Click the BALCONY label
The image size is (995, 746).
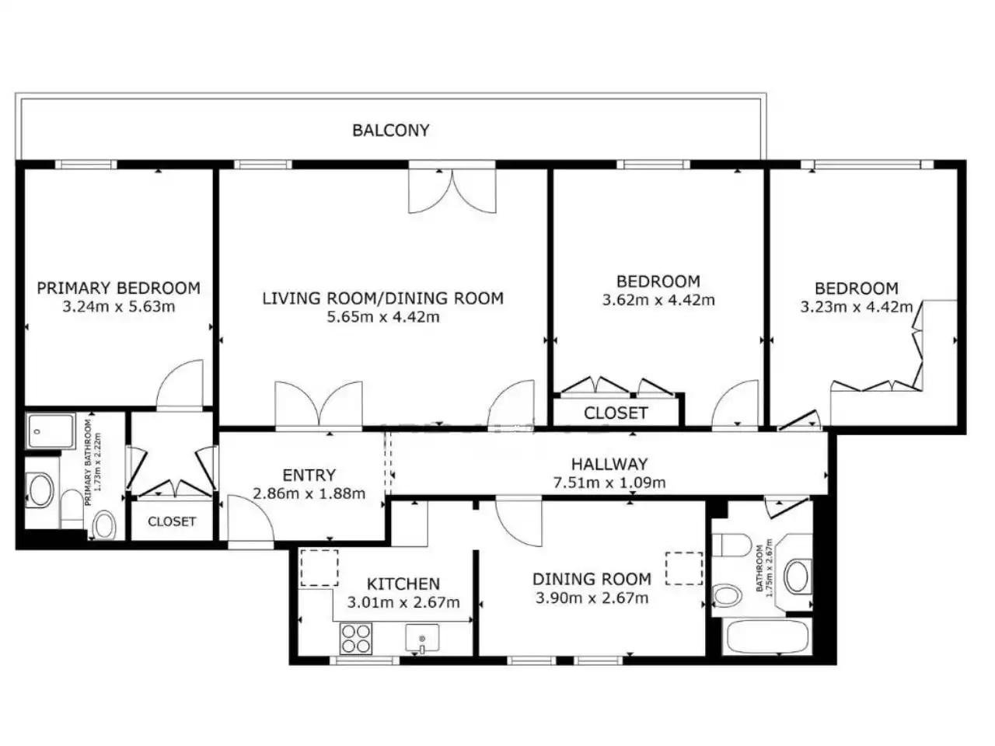click(390, 131)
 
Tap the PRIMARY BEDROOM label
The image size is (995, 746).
click(118, 288)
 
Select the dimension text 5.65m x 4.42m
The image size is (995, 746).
click(383, 316)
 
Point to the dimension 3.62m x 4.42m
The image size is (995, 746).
click(658, 300)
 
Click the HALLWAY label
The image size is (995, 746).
click(609, 464)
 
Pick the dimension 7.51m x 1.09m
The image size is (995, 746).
click(609, 483)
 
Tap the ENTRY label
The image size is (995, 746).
click(309, 475)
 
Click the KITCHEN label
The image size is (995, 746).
click(403, 584)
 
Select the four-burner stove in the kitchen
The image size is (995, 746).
click(356, 639)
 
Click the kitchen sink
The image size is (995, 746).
click(422, 639)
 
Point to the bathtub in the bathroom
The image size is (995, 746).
click(767, 637)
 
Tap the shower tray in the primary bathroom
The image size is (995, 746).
click(50, 431)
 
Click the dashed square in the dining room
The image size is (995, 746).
click(684, 568)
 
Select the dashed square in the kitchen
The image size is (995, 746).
click(319, 568)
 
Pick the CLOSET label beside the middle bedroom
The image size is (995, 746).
click(616, 413)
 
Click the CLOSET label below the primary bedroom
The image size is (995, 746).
click(172, 521)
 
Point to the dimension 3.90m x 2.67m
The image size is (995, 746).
click(592, 598)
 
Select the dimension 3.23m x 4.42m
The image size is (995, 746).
click(857, 307)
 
